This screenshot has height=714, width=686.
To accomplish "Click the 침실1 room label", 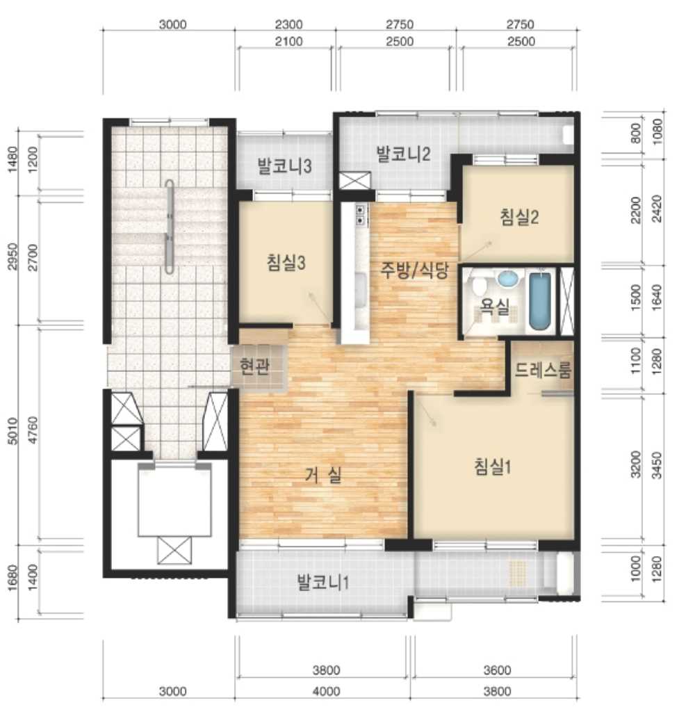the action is tap(492, 466).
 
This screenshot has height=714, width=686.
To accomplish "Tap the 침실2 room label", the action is tap(519, 217).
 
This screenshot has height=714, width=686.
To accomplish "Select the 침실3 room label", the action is tap(286, 263).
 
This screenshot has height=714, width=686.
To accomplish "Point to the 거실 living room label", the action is tap(322, 476).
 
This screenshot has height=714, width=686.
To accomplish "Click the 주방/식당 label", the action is tap(414, 270).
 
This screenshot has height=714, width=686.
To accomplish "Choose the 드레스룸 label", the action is tap(543, 370).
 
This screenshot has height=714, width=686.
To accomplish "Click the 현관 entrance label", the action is tap(254, 366).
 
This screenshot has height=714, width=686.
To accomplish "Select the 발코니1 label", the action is tap(322, 582).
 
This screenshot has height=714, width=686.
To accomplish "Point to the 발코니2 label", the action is tap(403, 154).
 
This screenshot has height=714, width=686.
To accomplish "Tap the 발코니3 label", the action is tap(284, 166).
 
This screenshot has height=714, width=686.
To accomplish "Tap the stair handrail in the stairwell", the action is tap(170, 227).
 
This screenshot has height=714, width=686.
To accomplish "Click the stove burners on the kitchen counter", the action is tap(360, 216).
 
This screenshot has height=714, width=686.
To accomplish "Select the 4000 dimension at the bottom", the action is tap(326, 691).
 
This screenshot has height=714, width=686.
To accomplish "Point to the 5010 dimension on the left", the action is tap(13, 431).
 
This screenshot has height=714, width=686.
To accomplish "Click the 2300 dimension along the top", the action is tap(289, 24).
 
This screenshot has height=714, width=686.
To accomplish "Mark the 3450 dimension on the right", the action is tap(657, 464).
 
